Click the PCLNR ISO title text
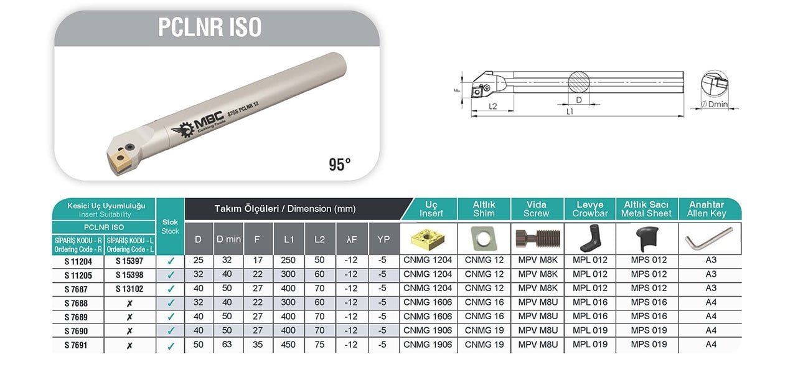pos(210,27)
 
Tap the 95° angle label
pos(339,165)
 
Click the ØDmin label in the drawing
pos(715,104)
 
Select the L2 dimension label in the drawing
pos(493,107)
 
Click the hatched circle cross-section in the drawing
pos(578,82)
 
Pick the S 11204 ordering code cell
pos(78,262)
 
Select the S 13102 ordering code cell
pos(129,289)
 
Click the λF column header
pos(352,239)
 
